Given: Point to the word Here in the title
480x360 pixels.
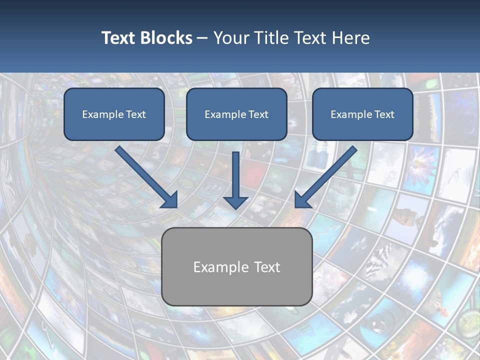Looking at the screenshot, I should [351, 38].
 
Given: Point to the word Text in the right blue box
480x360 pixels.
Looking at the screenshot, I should [384, 114].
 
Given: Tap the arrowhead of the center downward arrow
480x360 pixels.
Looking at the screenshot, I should [236, 202].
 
